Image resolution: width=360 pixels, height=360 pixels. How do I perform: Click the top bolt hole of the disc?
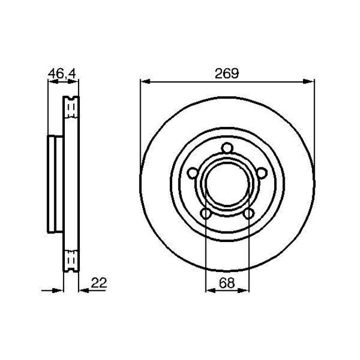(227, 148)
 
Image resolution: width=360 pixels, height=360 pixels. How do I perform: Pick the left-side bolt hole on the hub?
(192, 173)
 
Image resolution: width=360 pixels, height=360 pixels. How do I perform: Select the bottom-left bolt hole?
(205, 214)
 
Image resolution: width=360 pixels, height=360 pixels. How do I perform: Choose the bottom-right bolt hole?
(249, 214)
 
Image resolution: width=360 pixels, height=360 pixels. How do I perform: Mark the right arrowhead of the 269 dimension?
(310, 82)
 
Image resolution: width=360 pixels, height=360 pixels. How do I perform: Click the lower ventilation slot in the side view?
(71, 259)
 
